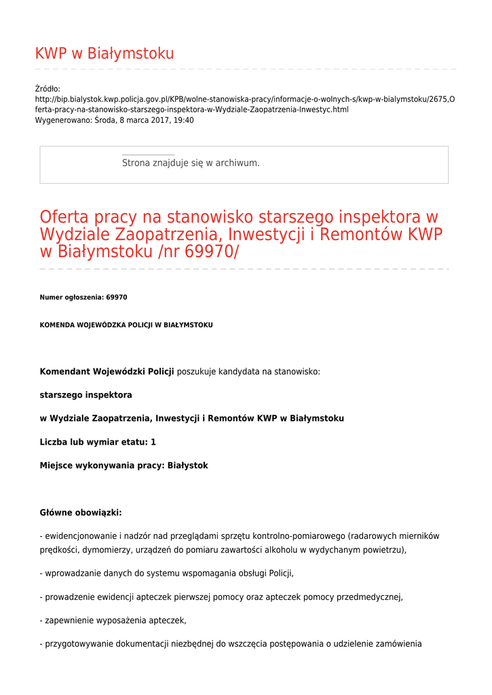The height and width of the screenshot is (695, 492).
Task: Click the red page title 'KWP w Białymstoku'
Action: click(105, 54)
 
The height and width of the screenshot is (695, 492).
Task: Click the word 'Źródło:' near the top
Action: click(48, 89)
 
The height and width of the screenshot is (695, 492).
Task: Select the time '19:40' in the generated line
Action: click(183, 120)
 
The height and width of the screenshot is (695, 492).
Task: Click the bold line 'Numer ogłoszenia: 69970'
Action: click(83, 297)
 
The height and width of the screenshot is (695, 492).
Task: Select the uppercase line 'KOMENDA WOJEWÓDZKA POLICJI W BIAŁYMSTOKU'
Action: click(126, 325)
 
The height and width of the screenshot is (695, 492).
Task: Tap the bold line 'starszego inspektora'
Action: click(86, 394)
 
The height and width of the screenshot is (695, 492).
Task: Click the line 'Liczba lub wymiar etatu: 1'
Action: click(98, 442)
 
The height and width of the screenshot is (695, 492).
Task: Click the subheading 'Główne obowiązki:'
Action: click(81, 512)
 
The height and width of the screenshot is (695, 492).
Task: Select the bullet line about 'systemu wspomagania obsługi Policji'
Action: click(167, 574)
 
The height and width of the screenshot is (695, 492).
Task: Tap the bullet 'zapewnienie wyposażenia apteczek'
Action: click(113, 620)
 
